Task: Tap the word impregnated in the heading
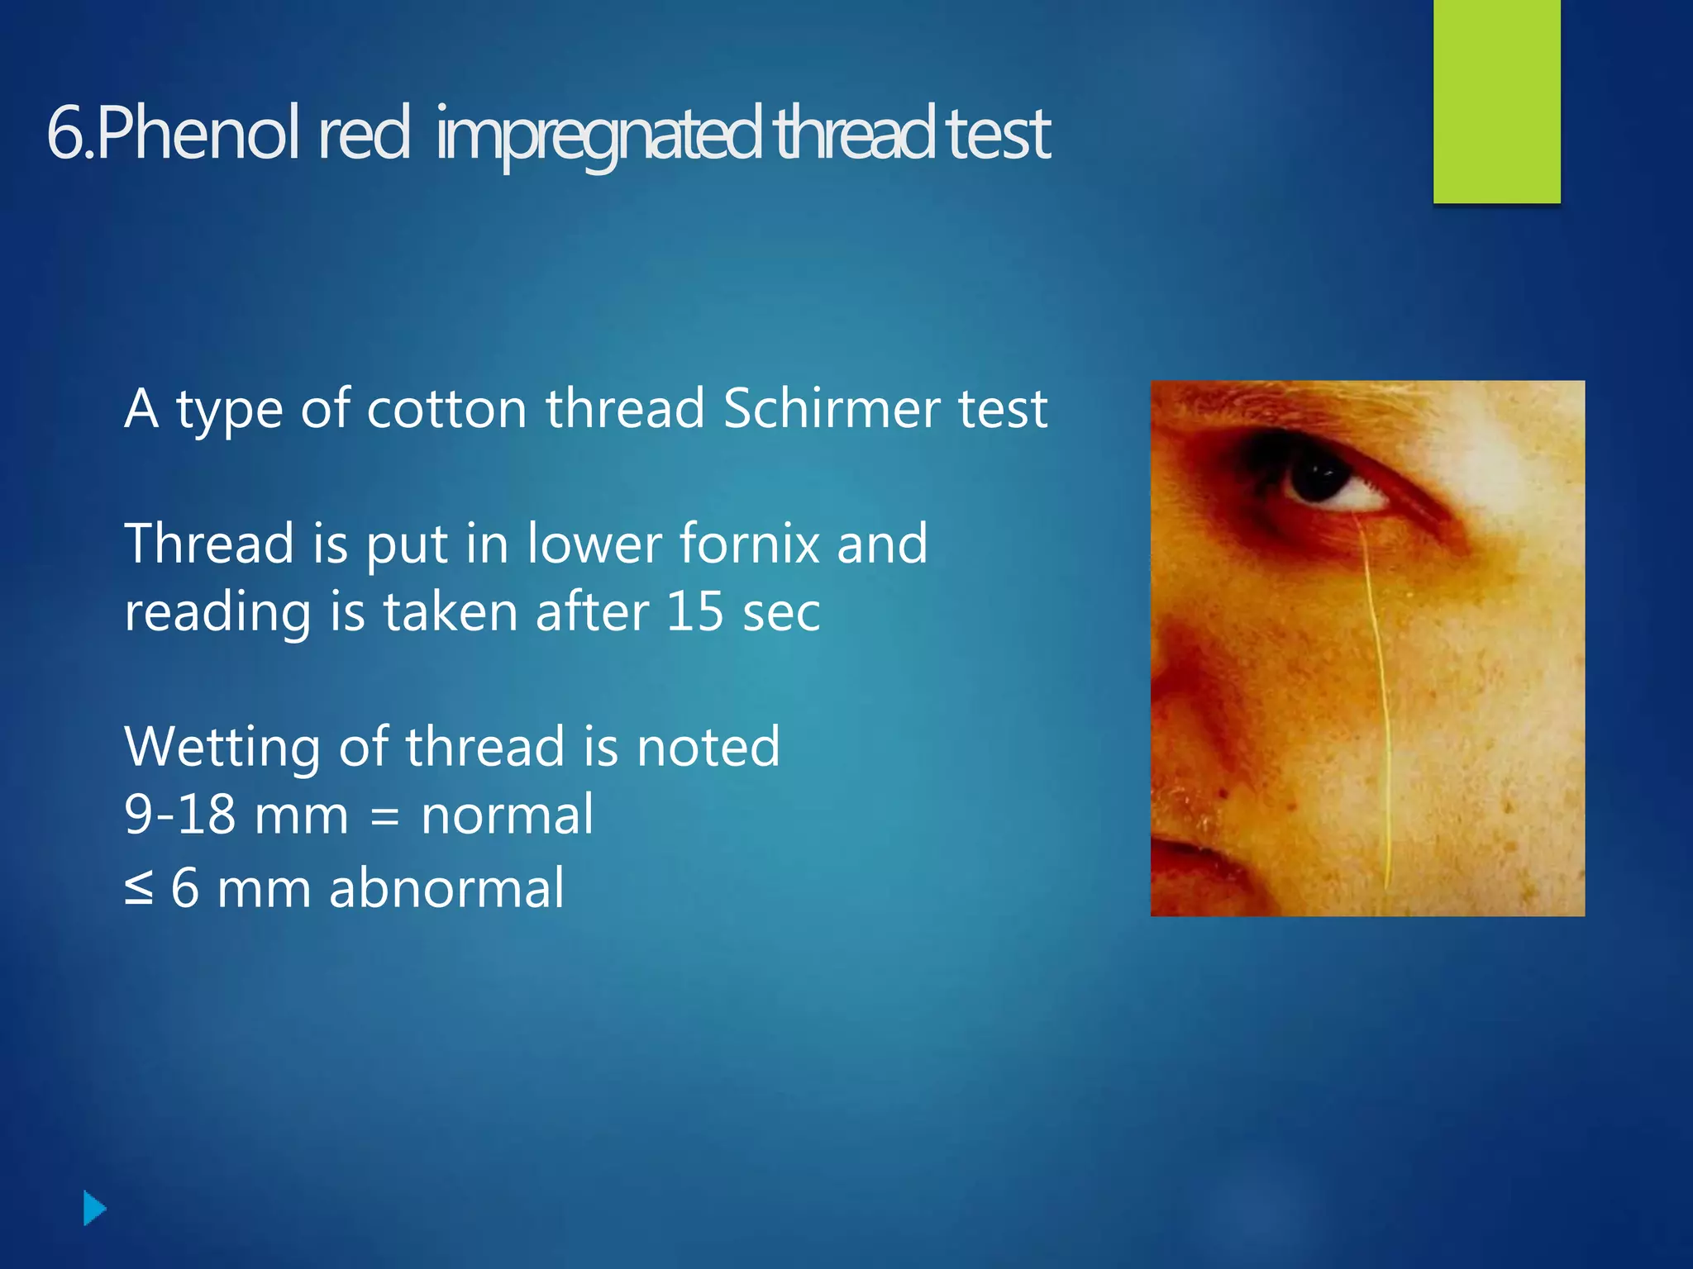pyautogui.click(x=597, y=134)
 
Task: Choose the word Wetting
pyautogui.click(x=221, y=747)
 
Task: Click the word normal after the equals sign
pyautogui.click(x=507, y=815)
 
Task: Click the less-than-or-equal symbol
pyautogui.click(x=139, y=889)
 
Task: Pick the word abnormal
pyautogui.click(x=446, y=889)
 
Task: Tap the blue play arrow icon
pyautogui.click(x=95, y=1209)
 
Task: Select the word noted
pyautogui.click(x=708, y=747)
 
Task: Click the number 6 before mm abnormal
pyautogui.click(x=185, y=889)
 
